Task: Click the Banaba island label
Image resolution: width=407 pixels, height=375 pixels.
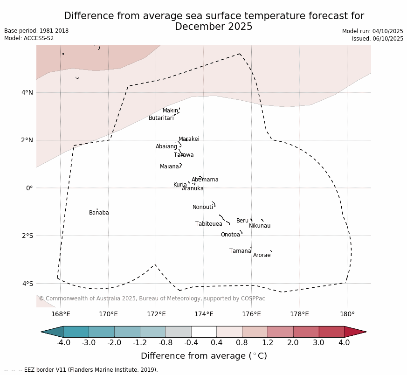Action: tap(99, 213)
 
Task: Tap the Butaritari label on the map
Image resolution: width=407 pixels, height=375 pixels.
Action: tap(161, 118)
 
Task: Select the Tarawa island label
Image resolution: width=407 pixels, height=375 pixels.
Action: tap(184, 155)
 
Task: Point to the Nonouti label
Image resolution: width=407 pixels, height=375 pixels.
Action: tap(203, 207)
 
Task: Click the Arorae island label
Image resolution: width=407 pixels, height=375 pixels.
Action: tap(262, 255)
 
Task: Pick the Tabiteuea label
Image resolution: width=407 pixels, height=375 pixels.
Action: tap(209, 224)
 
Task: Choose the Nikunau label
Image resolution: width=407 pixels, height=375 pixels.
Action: tap(260, 226)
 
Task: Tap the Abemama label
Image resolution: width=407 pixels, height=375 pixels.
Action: tap(205, 180)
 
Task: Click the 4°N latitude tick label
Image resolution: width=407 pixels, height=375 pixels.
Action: tap(28, 92)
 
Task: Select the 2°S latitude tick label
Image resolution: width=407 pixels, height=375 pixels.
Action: tap(28, 236)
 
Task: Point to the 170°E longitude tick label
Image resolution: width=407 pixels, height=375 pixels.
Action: tap(108, 314)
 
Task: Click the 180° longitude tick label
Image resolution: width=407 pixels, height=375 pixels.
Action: tap(347, 314)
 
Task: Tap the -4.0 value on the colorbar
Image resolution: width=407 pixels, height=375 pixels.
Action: tap(63, 343)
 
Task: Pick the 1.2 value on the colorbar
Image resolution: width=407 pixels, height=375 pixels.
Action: tap(268, 343)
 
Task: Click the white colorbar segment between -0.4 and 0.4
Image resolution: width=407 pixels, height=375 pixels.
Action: tap(204, 332)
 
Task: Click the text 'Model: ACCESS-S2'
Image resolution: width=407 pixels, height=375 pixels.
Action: tap(29, 38)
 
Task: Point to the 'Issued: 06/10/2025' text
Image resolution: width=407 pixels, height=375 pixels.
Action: tap(378, 39)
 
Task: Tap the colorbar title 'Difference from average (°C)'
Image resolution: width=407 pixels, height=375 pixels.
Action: tap(204, 356)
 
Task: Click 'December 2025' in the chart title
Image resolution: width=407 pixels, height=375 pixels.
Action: tap(214, 27)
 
